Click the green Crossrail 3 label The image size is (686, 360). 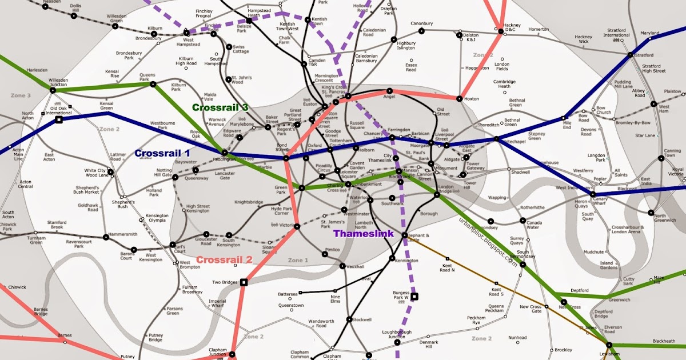[221, 107]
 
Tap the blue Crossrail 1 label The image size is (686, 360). [163, 153]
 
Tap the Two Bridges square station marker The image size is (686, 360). [244, 282]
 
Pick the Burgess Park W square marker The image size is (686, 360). [415, 296]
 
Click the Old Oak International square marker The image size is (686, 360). [58, 120]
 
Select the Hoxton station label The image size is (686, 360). [473, 98]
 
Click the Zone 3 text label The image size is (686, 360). [21, 95]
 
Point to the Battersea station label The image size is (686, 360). [288, 294]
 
